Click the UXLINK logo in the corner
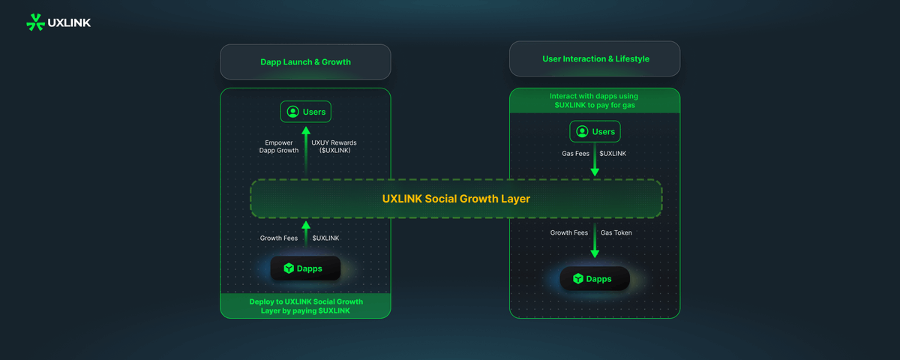pyautogui.click(x=58, y=22)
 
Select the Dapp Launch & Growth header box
pyautogui.click(x=305, y=62)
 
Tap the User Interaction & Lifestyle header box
pyautogui.click(x=595, y=58)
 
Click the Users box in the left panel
pyautogui.click(x=305, y=112)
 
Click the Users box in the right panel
pyautogui.click(x=595, y=131)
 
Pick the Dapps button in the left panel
pyautogui.click(x=305, y=268)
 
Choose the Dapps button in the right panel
pyautogui.click(x=595, y=278)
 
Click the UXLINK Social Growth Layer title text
pyautogui.click(x=456, y=199)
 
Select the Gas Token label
pyautogui.click(x=616, y=232)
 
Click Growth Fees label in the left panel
pyautogui.click(x=279, y=238)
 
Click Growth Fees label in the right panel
pyautogui.click(x=569, y=232)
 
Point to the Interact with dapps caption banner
pyautogui.click(x=595, y=100)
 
